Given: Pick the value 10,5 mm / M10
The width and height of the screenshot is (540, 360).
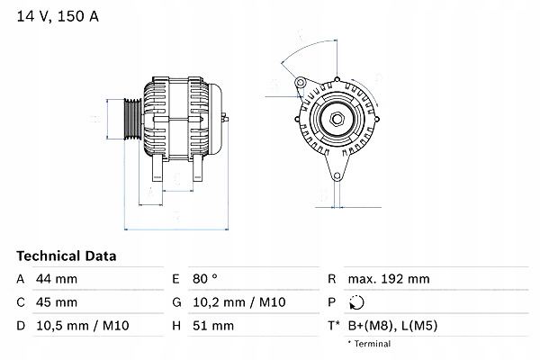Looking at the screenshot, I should [78, 325].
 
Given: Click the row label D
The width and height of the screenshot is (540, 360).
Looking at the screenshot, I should [20, 325].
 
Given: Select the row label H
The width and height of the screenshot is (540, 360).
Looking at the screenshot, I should [175, 325].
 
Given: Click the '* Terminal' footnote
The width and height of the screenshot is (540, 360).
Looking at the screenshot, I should [371, 344].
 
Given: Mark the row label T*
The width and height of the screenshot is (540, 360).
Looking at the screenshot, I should [336, 325].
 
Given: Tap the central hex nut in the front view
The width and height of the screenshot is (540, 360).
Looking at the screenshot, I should [336, 120].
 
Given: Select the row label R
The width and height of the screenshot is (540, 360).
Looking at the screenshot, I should [333, 279].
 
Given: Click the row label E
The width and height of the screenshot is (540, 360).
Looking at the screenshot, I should [175, 279].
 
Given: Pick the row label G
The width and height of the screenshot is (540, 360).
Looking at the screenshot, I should [175, 302].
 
